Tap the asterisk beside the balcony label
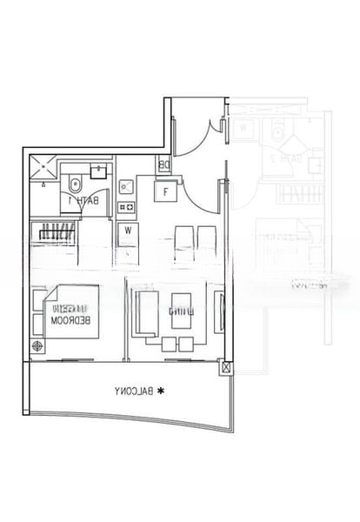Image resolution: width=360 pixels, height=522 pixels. pyautogui.click(x=160, y=392)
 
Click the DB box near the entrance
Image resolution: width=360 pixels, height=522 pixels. pyautogui.click(x=164, y=164)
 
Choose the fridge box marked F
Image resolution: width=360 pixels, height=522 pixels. pyautogui.click(x=165, y=191)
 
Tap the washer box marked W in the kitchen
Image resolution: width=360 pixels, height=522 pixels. pyautogui.click(x=127, y=231)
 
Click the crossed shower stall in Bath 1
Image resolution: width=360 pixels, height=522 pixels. pyautogui.click(x=43, y=171)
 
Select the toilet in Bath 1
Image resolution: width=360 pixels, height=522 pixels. pyautogui.click(x=75, y=184)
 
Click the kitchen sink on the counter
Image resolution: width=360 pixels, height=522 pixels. pyautogui.click(x=126, y=185)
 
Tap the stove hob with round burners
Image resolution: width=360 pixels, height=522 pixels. pyautogui.click(x=126, y=206)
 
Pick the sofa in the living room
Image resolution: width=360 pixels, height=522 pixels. pyautogui.click(x=146, y=313)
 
